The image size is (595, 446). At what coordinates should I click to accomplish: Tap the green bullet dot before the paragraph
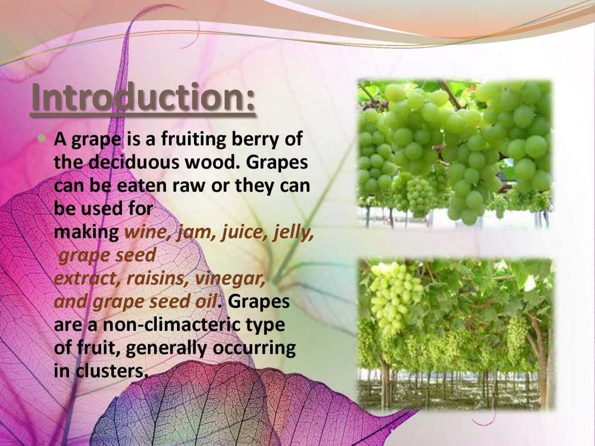(x=42, y=138)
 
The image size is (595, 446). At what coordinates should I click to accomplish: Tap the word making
(x=87, y=233)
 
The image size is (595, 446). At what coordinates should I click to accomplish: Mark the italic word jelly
(x=292, y=233)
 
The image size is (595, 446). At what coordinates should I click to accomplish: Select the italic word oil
(x=205, y=301)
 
